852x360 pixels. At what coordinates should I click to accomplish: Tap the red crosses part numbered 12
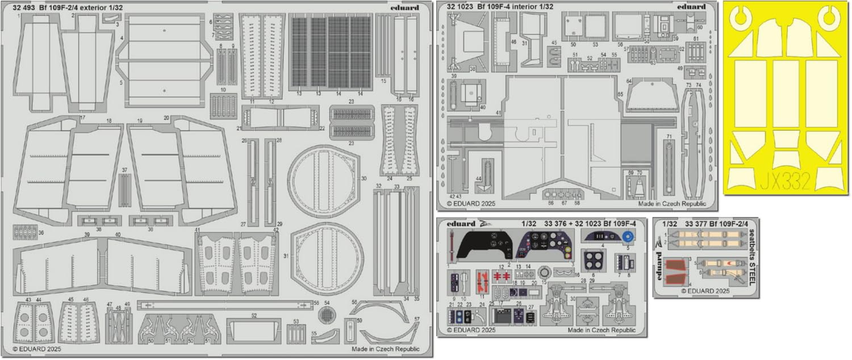point(500,276)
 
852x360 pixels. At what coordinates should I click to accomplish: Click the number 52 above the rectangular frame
point(254,316)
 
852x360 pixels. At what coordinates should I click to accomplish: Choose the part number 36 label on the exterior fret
point(40,232)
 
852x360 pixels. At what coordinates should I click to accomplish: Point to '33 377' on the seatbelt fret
point(696,224)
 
